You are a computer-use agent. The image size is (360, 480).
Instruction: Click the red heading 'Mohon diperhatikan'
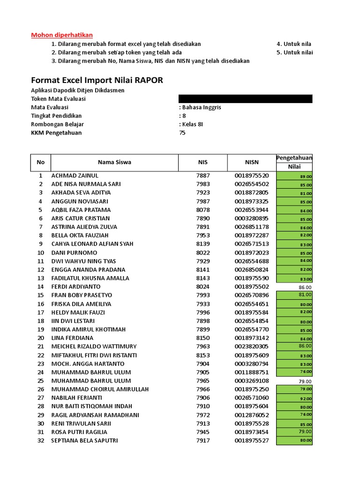click(x=62, y=35)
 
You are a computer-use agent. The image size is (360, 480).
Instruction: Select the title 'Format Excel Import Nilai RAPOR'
click(x=97, y=80)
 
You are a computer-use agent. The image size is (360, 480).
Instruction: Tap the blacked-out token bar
click(x=245, y=98)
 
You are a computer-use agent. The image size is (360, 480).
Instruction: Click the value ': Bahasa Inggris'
click(x=200, y=107)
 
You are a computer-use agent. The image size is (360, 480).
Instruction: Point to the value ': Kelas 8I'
click(x=191, y=124)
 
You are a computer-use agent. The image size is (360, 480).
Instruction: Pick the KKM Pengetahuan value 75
click(x=182, y=133)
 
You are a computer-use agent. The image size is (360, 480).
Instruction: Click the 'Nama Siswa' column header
click(x=114, y=162)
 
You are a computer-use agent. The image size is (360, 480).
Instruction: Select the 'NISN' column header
click(x=252, y=162)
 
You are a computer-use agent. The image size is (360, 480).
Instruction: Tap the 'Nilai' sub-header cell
click(x=294, y=167)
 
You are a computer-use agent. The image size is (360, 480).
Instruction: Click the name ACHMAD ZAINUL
click(x=75, y=175)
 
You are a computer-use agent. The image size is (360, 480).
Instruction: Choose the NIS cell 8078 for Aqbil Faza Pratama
click(x=203, y=210)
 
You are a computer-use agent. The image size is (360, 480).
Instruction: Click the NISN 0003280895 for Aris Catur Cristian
click(x=252, y=218)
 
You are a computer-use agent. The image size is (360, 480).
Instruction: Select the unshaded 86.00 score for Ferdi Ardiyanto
click(x=305, y=287)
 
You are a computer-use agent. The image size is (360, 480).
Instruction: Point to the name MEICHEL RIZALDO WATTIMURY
click(x=94, y=346)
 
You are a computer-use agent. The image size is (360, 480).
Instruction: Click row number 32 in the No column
click(x=41, y=441)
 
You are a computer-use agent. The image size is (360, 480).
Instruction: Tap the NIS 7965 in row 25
click(x=203, y=381)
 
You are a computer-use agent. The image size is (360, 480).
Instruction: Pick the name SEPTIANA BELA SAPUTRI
click(x=84, y=441)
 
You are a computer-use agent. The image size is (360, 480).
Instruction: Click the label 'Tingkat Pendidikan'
click(x=56, y=116)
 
